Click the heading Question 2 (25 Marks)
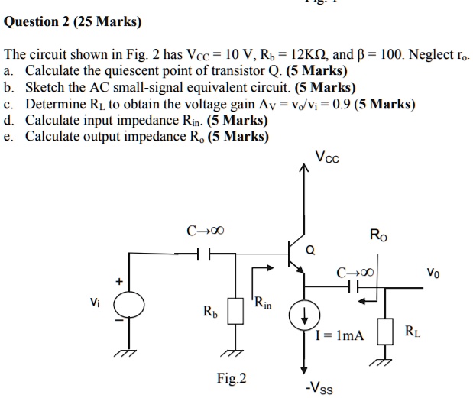coord(73,22)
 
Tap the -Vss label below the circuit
coord(319,387)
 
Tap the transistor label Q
coord(309,249)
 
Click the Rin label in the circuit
coord(264,303)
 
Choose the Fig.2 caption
coord(232,377)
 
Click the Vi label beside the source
coord(92,302)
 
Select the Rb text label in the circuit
coord(209,312)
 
